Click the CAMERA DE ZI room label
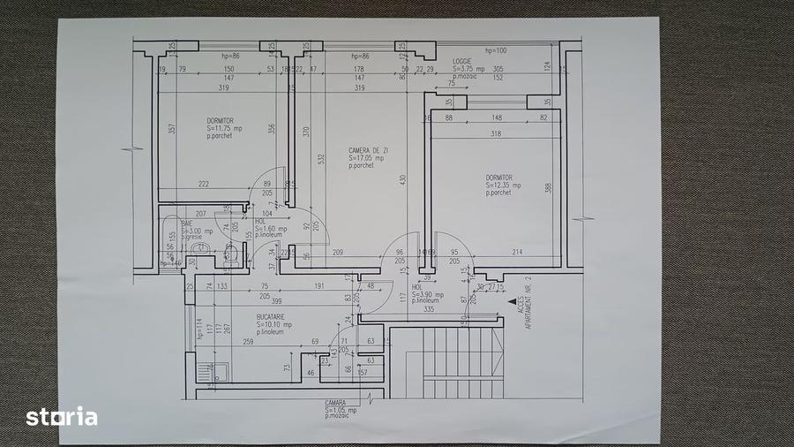pyautogui.click(x=369, y=151)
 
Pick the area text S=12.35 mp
pyautogui.click(x=504, y=185)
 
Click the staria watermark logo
pyautogui.click(x=61, y=416)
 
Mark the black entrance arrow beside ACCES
pyautogui.click(x=513, y=302)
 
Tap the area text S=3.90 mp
pyautogui.click(x=427, y=294)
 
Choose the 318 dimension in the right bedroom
pyautogui.click(x=496, y=134)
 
